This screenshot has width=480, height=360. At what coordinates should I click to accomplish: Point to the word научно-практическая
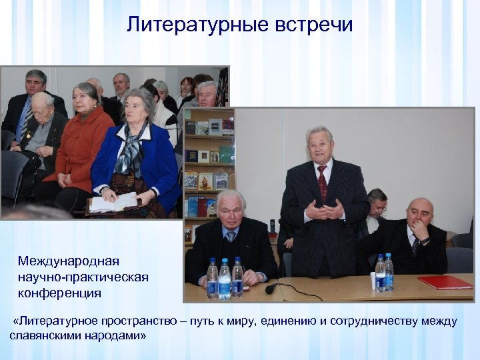(x=83, y=276)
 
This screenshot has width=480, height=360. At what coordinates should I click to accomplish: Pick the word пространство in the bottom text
(x=139, y=321)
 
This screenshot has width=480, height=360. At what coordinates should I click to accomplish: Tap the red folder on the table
(x=445, y=282)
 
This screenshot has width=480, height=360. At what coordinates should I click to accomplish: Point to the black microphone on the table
(x=271, y=289)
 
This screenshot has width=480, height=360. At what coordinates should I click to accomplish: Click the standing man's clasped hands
(x=325, y=212)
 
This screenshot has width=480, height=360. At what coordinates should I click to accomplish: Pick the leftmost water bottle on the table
(x=212, y=278)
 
